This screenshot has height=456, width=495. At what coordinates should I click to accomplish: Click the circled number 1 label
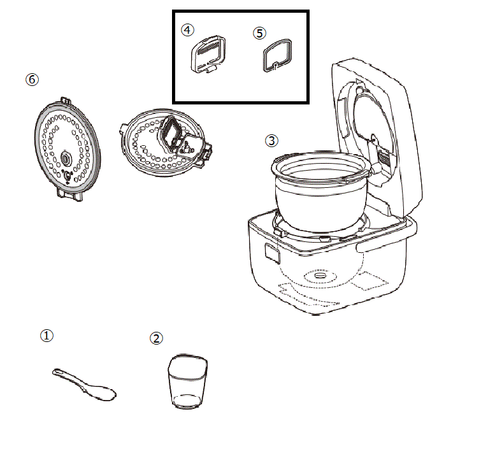[47, 336]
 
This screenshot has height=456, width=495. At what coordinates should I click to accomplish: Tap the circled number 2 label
[156, 338]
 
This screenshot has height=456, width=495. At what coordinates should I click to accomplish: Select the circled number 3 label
[271, 141]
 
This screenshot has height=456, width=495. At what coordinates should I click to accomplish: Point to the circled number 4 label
[187, 30]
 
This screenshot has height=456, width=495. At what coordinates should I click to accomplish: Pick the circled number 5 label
[259, 33]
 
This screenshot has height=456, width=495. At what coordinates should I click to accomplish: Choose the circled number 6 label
[32, 79]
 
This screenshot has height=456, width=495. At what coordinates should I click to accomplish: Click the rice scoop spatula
[84, 385]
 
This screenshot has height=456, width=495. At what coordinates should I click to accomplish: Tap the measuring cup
[187, 382]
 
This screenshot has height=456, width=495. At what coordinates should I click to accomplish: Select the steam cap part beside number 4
[208, 54]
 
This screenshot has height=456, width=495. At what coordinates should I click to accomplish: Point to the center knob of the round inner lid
[66, 159]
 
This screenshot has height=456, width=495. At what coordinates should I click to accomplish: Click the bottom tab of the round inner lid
[70, 194]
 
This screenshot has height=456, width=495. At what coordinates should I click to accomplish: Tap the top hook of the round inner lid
[66, 101]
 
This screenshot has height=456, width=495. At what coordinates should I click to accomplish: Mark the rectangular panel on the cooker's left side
[272, 253]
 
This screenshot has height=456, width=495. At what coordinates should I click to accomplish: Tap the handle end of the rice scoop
[57, 372]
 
